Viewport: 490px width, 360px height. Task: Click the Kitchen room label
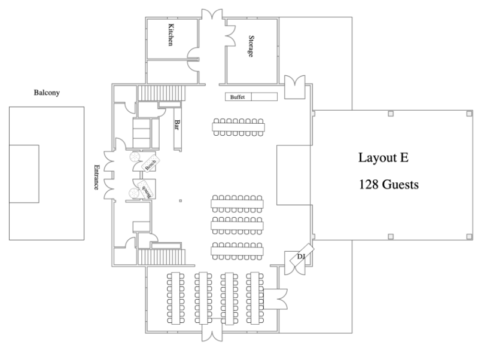click(171, 35)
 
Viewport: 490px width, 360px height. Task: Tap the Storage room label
click(251, 46)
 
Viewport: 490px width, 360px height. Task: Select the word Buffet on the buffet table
click(238, 97)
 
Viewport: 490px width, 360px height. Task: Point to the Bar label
click(177, 124)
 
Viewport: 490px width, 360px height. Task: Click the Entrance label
click(96, 177)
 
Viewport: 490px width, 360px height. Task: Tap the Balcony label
click(47, 93)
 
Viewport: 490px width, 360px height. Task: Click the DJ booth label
click(301, 257)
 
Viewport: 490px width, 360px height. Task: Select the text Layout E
click(383, 157)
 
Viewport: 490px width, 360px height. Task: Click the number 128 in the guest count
click(368, 185)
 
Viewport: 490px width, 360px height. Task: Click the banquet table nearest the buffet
click(239, 127)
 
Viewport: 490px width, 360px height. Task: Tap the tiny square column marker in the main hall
click(180, 201)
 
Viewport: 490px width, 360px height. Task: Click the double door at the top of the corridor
click(212, 14)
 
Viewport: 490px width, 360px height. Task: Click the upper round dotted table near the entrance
click(135, 157)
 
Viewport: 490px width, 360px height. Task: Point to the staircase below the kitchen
click(162, 93)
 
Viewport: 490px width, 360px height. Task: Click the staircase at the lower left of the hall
click(162, 257)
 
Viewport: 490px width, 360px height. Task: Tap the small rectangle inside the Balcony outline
click(24, 174)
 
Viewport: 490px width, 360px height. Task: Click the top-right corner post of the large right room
click(469, 114)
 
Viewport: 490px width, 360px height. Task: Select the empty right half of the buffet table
click(264, 97)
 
